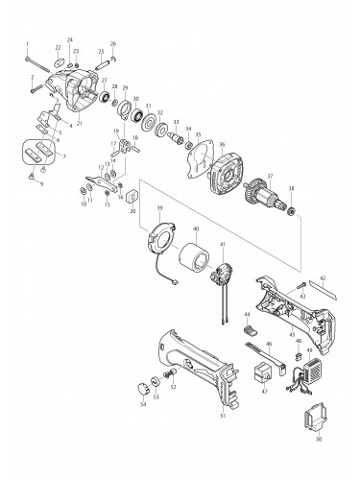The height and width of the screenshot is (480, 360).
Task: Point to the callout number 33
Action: [x=177, y=122]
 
